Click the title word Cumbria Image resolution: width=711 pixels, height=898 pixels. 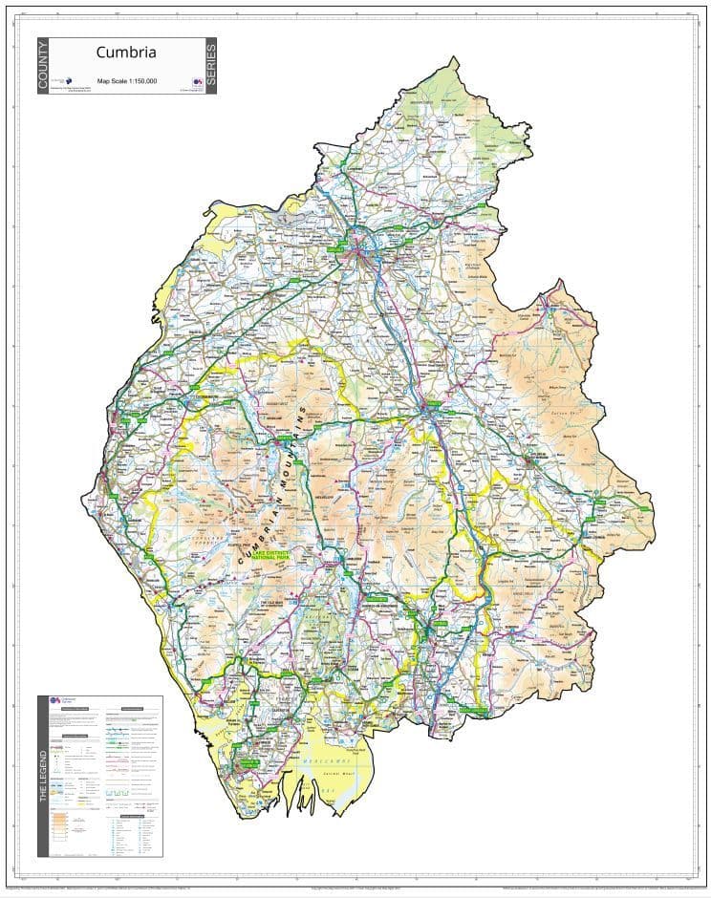pyautogui.click(x=125, y=53)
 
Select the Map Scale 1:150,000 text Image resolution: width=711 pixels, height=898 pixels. pyautogui.click(x=126, y=81)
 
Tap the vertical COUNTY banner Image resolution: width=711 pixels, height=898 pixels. pyautogui.click(x=43, y=66)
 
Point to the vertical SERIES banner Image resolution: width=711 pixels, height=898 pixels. pyautogui.click(x=210, y=66)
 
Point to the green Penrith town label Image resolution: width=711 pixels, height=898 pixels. pyautogui.click(x=433, y=406)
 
